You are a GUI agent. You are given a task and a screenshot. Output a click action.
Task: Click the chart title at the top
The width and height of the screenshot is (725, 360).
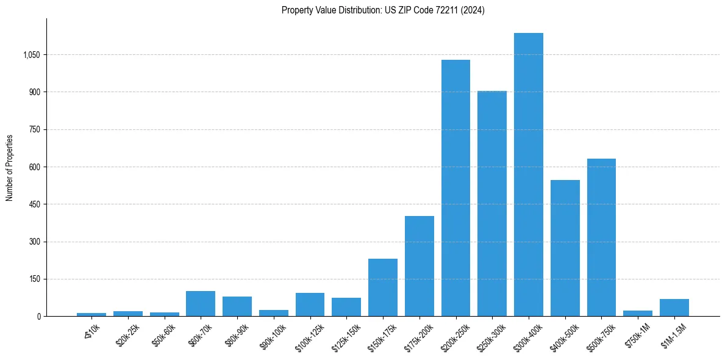[383, 10]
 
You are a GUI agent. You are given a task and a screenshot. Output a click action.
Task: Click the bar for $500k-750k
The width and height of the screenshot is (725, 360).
[601, 237]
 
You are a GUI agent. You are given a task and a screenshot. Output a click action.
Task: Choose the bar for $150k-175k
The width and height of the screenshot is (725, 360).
[383, 287]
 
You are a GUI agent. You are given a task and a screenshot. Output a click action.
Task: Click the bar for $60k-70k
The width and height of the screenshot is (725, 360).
[201, 303]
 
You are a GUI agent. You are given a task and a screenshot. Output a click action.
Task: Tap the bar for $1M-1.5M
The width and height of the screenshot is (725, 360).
[674, 308]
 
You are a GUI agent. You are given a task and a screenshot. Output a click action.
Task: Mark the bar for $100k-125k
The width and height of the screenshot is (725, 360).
[310, 304]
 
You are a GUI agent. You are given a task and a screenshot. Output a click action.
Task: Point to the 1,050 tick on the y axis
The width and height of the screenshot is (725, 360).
[31, 55]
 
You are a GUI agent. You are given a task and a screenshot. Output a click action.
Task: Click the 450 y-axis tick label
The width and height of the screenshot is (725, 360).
[34, 204]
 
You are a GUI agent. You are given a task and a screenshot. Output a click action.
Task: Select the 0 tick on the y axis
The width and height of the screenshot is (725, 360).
[39, 317]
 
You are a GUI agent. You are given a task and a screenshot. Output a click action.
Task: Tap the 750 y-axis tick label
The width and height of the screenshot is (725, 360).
[34, 129]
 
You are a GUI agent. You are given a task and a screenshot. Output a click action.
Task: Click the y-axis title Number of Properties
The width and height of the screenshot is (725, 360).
[10, 168]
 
